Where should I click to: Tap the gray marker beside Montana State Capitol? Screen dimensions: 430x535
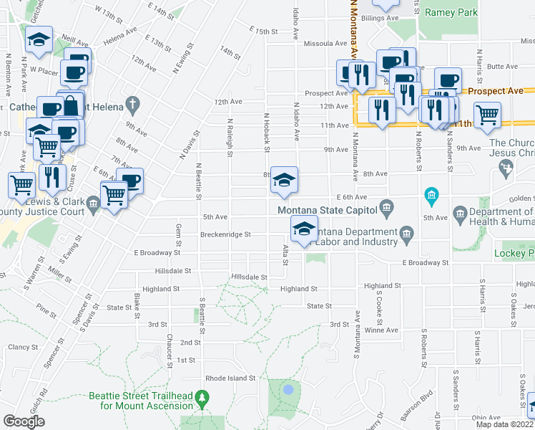(387, 209)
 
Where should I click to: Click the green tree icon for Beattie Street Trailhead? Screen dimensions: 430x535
(202, 396)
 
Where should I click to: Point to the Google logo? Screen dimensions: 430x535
(24, 421)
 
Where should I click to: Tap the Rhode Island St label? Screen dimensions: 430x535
(230, 378)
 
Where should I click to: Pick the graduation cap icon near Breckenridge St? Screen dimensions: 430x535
(304, 229)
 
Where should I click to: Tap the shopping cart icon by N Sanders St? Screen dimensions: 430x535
(487, 113)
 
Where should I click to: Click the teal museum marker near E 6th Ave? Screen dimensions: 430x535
(431, 194)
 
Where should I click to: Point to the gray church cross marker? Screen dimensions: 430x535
(132, 105)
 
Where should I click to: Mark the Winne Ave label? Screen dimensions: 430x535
(381, 330)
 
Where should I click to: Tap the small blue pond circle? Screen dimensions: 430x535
(288, 390)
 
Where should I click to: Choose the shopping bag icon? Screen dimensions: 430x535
(71, 106)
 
